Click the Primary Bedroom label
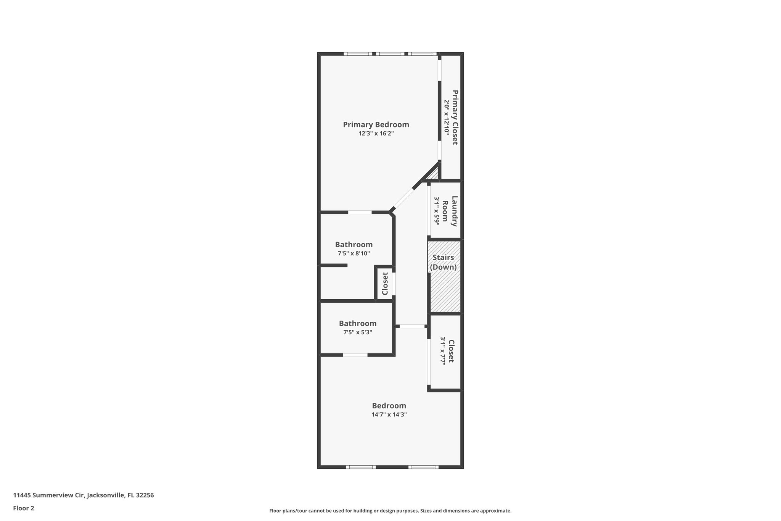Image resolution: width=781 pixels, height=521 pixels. pos(376,124)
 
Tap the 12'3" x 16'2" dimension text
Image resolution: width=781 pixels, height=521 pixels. pos(376,134)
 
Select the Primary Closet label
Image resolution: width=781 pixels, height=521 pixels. pos(455,117)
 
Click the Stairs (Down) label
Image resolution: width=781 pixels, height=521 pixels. pos(443,262)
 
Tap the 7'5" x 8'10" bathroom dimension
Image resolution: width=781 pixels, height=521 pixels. pos(354,253)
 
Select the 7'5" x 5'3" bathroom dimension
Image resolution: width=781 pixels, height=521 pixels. pos(357,332)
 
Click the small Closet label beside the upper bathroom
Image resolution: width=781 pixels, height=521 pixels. pos(385,283)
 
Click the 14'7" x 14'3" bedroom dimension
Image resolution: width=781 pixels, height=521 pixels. pos(389,415)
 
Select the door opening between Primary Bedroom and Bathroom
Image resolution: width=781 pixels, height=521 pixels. pos(360,212)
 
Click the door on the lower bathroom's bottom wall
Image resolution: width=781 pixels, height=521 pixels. pos(355,355)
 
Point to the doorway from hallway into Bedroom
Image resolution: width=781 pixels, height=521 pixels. pos(412,326)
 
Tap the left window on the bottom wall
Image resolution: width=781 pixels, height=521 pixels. pos(361,467)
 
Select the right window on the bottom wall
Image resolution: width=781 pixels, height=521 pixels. pos(423,467)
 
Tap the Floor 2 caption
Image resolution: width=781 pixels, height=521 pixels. pos(24,508)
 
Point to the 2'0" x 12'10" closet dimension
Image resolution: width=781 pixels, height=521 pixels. pos(446,117)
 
